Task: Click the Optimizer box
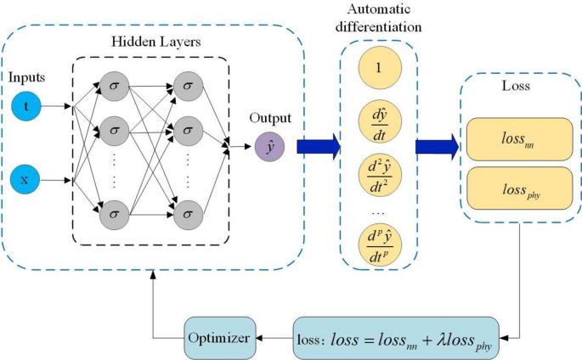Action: (x=219, y=337)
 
